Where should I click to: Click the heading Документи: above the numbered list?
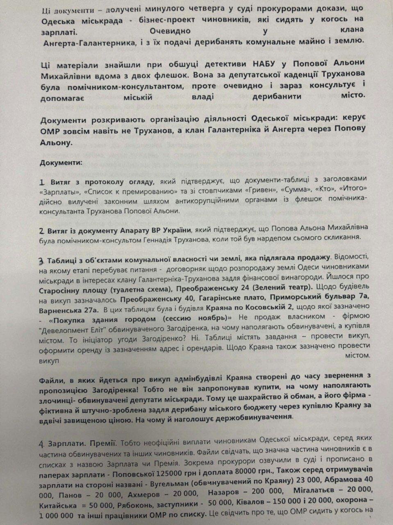61,162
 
